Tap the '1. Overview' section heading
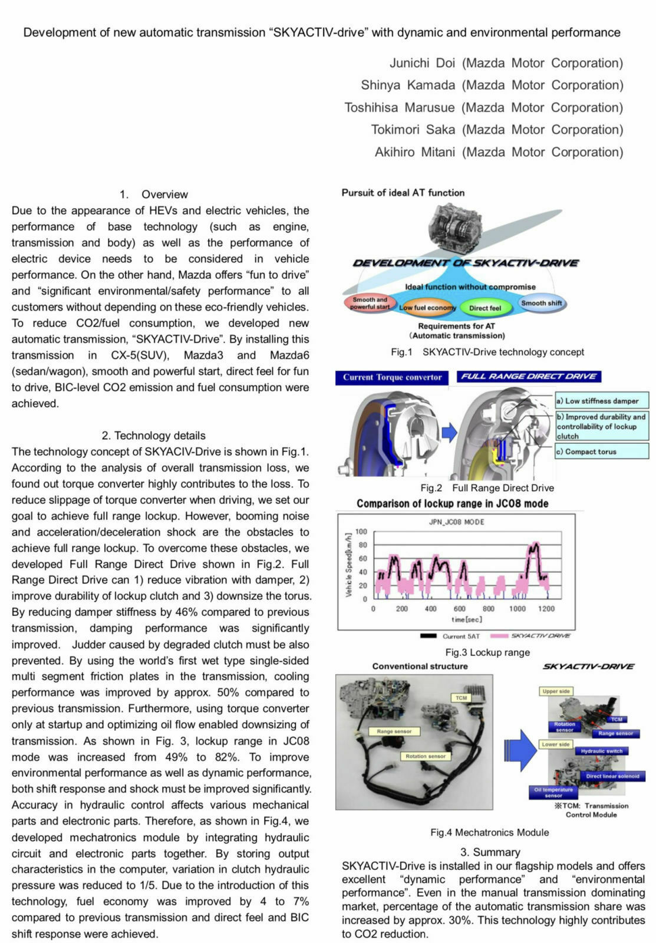click(x=153, y=194)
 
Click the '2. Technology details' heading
click(x=153, y=436)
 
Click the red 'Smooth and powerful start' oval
click(x=370, y=303)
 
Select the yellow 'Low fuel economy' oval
click(x=428, y=308)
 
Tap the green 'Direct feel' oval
click(x=485, y=308)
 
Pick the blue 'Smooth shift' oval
click(x=541, y=304)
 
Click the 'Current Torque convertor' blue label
click(x=392, y=377)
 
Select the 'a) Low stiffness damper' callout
click(x=601, y=401)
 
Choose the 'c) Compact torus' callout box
click(x=601, y=451)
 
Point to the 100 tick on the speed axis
click(x=361, y=532)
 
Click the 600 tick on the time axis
click(x=459, y=609)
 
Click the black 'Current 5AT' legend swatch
click(x=428, y=636)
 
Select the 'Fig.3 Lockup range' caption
click(x=487, y=652)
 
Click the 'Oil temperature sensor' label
click(x=553, y=792)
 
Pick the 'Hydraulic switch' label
click(x=601, y=751)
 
